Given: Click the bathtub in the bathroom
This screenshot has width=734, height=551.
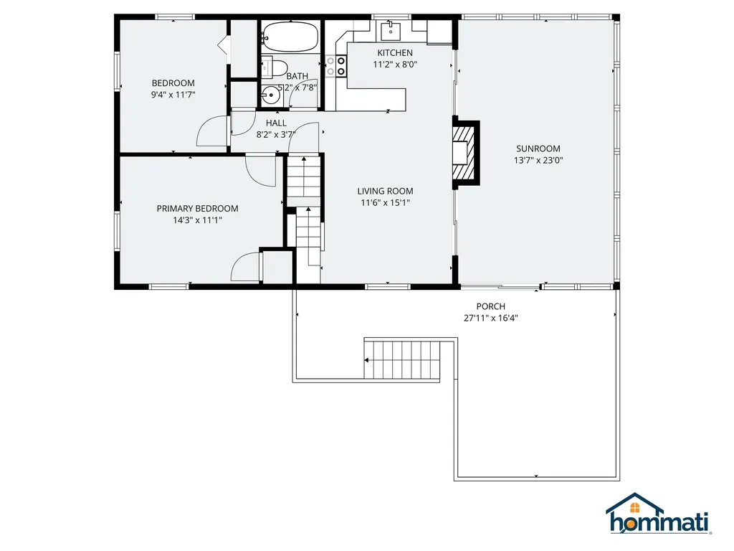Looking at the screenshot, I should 290,36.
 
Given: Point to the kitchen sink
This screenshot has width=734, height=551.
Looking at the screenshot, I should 391,29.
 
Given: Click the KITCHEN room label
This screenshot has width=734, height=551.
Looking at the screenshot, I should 395,53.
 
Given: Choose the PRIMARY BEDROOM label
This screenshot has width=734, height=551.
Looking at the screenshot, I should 197,209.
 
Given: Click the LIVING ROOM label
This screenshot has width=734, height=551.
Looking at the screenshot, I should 386,191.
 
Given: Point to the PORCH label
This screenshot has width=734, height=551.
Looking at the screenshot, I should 491,306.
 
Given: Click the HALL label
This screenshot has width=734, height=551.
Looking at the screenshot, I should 276,123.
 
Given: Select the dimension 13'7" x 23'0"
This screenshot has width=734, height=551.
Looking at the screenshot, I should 538,161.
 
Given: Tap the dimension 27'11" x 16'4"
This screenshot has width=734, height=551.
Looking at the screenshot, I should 491,318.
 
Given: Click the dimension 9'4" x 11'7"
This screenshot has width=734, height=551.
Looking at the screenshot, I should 173,95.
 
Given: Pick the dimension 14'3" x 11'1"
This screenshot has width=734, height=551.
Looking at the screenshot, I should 197,220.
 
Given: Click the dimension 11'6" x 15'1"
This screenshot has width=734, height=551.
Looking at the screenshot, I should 386,202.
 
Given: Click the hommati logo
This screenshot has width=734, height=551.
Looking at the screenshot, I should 657,515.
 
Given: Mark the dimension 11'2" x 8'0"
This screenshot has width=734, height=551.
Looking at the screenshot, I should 395,65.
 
